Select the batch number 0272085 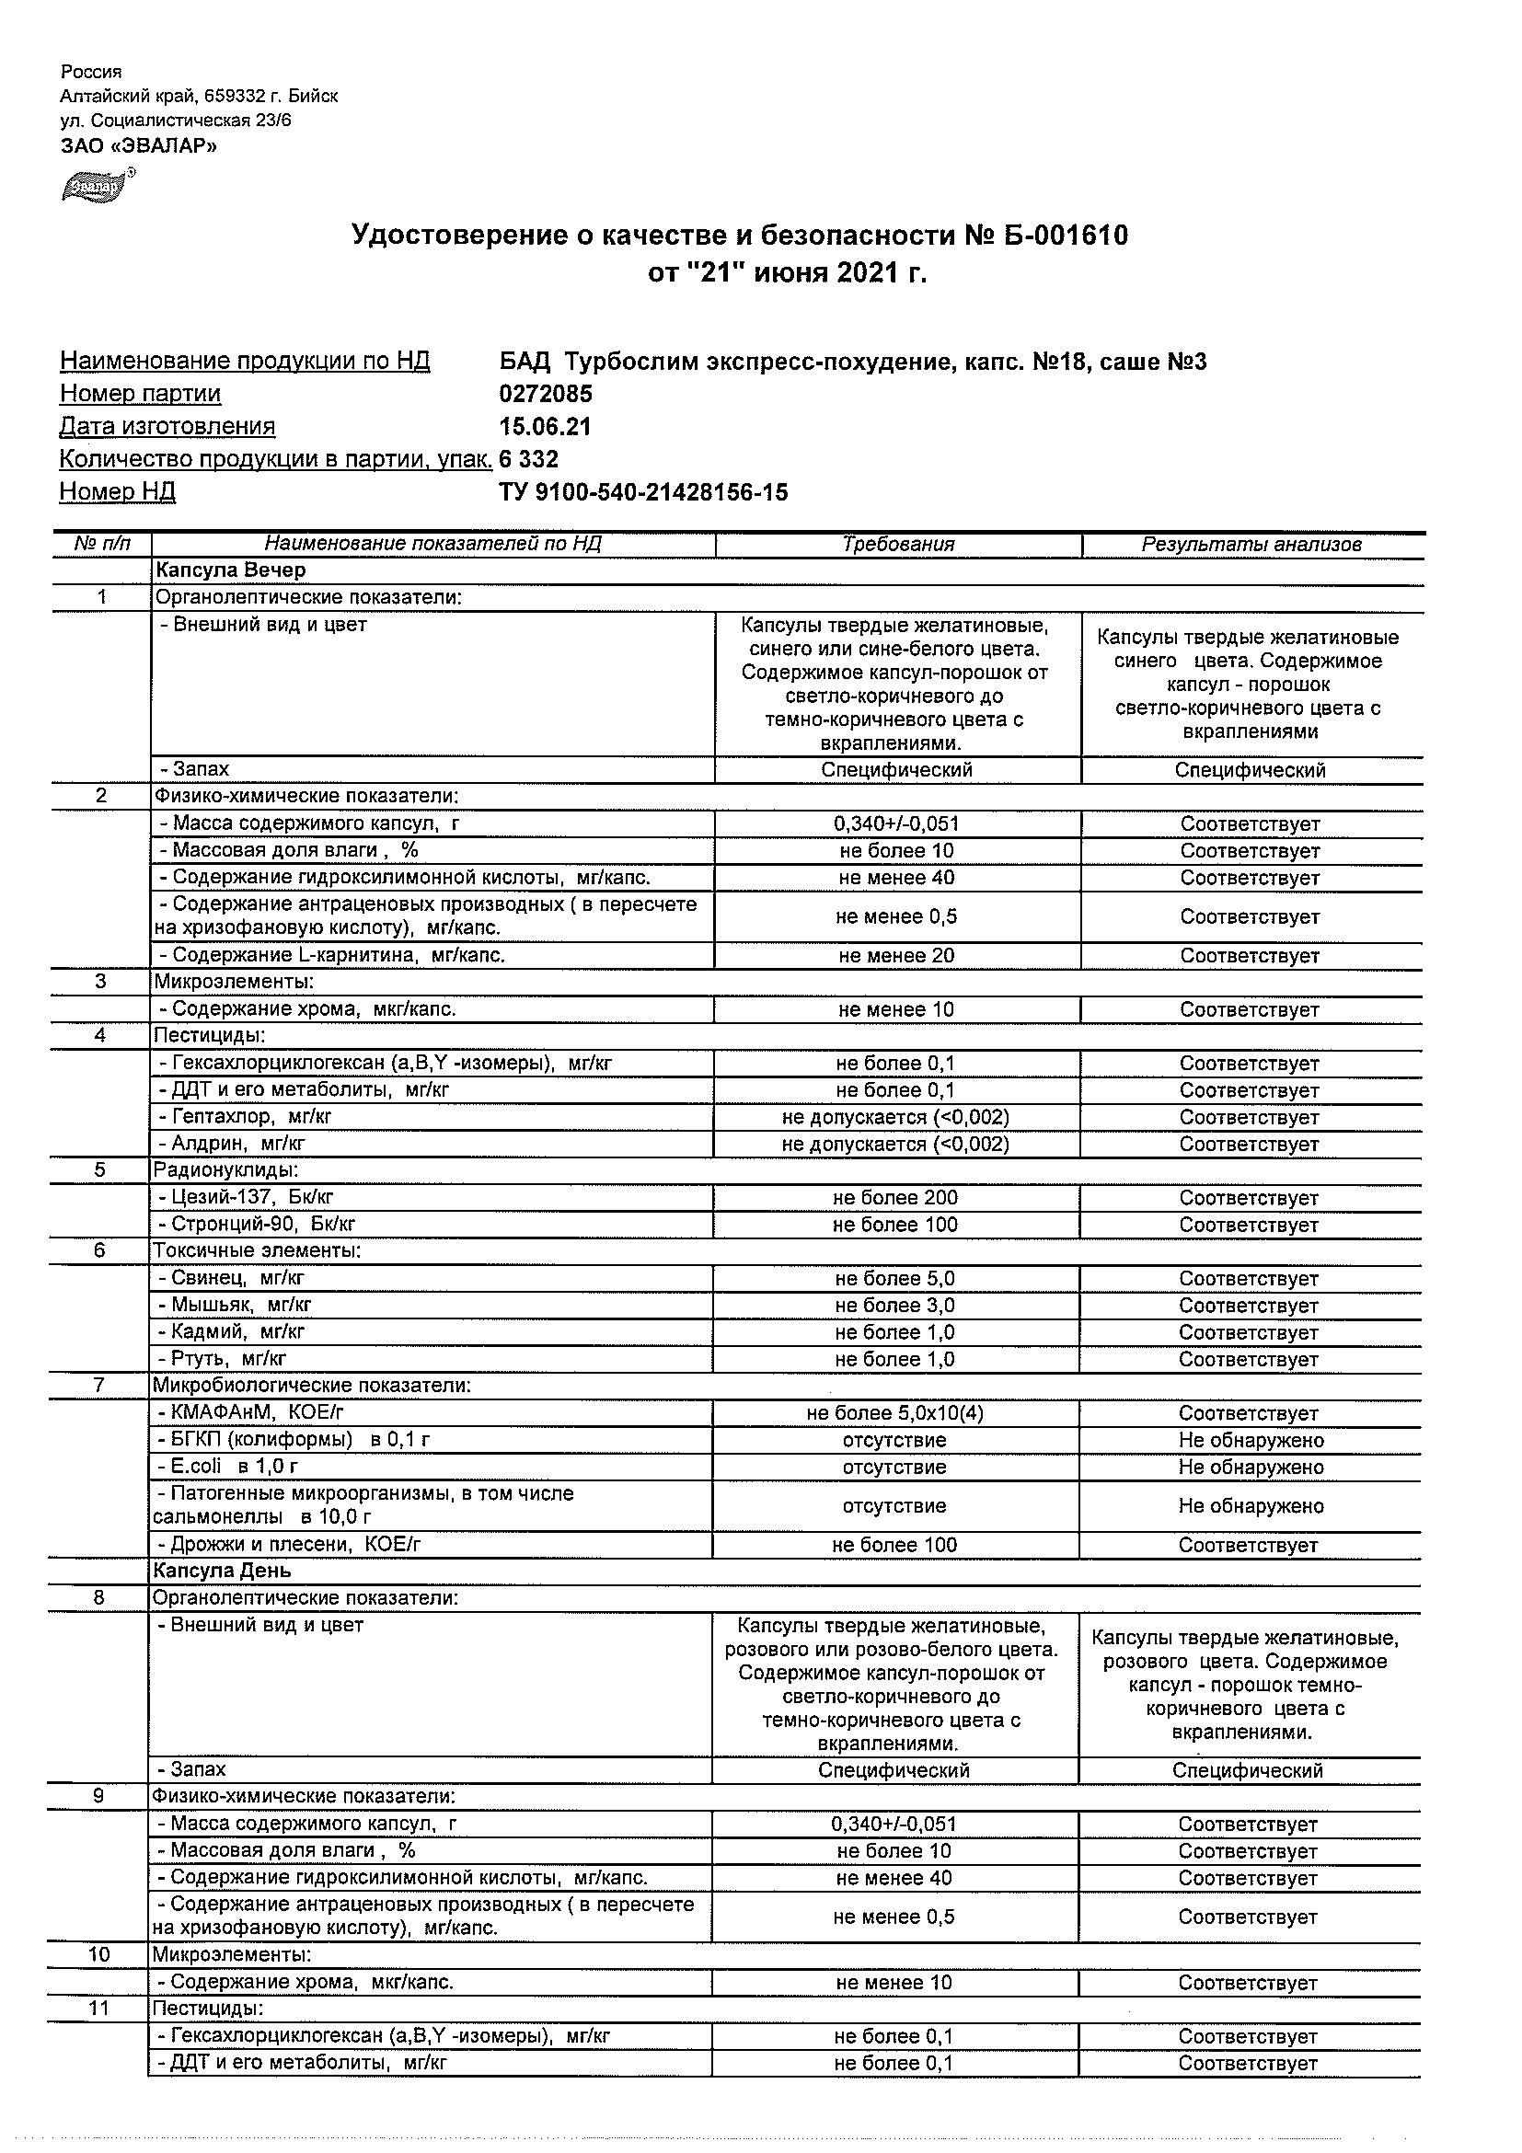pos(546,394)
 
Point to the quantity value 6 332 pos(529,459)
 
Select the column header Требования pos(897,544)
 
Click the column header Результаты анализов pos(1251,544)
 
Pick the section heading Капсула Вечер pos(231,570)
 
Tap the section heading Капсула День pos(224,1571)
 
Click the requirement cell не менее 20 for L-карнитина pos(896,956)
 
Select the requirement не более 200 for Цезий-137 pos(895,1197)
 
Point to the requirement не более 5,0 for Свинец pos(895,1278)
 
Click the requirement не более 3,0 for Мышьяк pos(895,1306)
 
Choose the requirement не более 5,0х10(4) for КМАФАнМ pos(895,1413)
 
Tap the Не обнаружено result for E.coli pos(1251,1467)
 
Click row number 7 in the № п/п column pos(100,1385)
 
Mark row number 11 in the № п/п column pos(98,2008)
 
